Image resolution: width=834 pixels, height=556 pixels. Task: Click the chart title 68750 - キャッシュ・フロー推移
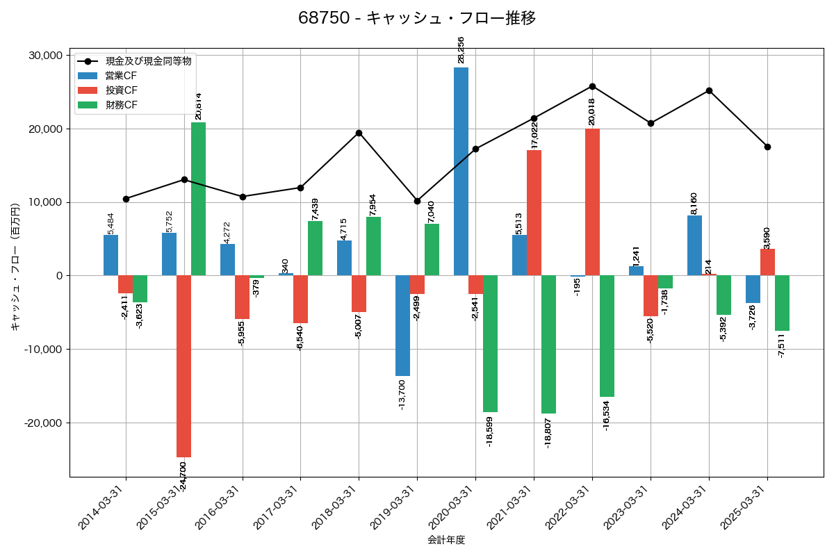pyautogui.click(x=417, y=18)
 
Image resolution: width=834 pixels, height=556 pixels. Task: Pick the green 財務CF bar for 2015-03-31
pyautogui.click(x=198, y=199)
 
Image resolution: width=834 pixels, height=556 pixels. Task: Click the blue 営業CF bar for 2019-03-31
pyautogui.click(x=402, y=326)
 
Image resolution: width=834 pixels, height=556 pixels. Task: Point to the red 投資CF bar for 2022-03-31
pyautogui.click(x=592, y=202)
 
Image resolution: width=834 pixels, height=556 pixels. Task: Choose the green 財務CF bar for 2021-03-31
pyautogui.click(x=548, y=345)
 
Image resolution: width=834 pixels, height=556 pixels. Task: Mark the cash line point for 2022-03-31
pyautogui.click(x=592, y=86)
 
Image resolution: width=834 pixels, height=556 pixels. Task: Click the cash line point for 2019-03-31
pyautogui.click(x=417, y=201)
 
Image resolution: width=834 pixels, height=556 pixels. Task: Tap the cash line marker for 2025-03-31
pyautogui.click(x=767, y=147)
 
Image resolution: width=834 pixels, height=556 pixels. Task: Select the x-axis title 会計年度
pyautogui.click(x=446, y=540)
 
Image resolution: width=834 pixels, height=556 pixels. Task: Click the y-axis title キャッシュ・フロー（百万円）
pyautogui.click(x=15, y=267)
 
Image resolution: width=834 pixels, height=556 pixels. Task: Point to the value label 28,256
pyautogui.click(x=461, y=50)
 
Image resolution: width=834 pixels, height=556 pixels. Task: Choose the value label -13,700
pyautogui.click(x=402, y=393)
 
